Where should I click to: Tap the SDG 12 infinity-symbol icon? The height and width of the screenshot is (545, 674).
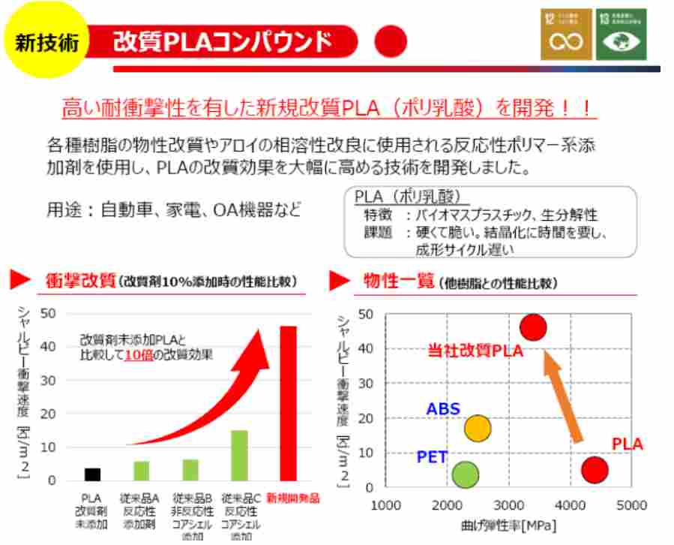click(x=566, y=35)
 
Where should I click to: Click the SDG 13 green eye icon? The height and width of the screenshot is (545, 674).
click(x=621, y=35)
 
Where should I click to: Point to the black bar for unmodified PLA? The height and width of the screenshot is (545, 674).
click(x=92, y=474)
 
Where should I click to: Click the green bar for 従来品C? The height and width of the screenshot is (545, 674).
click(x=238, y=455)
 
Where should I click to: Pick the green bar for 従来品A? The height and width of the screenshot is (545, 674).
click(x=141, y=471)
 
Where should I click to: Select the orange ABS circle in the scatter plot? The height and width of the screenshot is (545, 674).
click(x=478, y=428)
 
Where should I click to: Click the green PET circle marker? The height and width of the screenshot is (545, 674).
click(x=466, y=474)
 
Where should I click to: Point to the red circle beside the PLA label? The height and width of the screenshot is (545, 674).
click(x=595, y=470)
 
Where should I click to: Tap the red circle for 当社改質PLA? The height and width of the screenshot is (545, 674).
click(x=533, y=327)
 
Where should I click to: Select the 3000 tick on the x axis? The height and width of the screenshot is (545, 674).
click(x=509, y=504)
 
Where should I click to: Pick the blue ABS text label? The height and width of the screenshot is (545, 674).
click(x=442, y=409)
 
